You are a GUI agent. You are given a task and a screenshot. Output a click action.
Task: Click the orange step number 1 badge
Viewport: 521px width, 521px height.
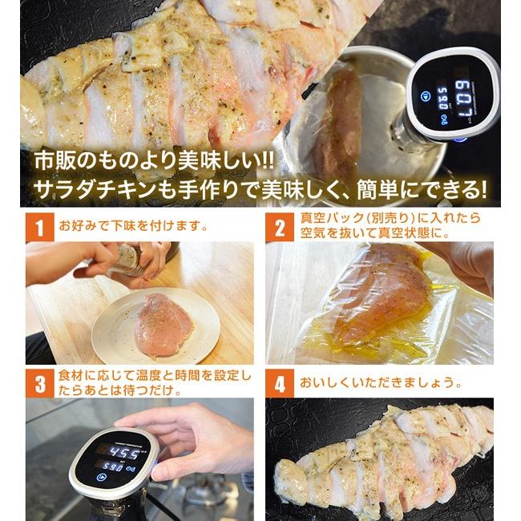click(38, 228)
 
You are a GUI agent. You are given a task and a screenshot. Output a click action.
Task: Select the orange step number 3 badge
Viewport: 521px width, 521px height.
click(38, 383)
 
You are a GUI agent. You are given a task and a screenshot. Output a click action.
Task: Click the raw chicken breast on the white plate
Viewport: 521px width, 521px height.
click(164, 324)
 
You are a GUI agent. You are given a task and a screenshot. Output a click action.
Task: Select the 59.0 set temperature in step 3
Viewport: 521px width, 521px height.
click(112, 467)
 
